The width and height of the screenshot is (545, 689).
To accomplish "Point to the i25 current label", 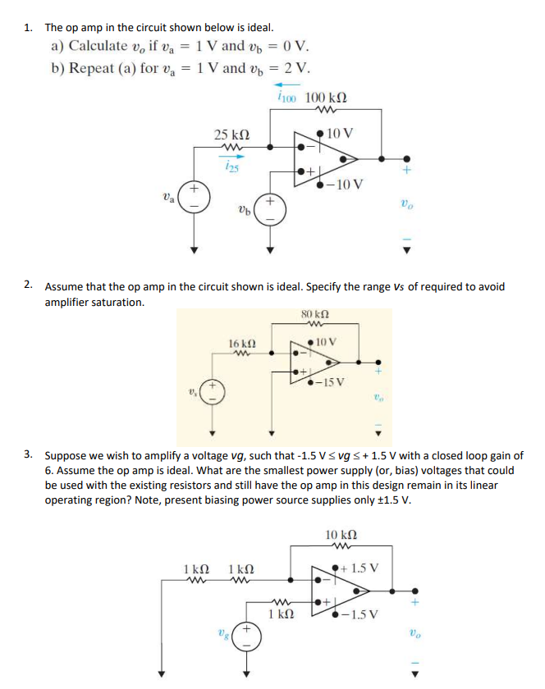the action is click(231, 167).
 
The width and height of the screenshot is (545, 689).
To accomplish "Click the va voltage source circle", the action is click(195, 200).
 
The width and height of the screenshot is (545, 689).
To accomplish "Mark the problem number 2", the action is click(29, 285).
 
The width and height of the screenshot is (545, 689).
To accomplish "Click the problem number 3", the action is click(29, 454).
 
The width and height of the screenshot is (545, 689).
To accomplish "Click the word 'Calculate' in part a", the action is click(98, 46).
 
